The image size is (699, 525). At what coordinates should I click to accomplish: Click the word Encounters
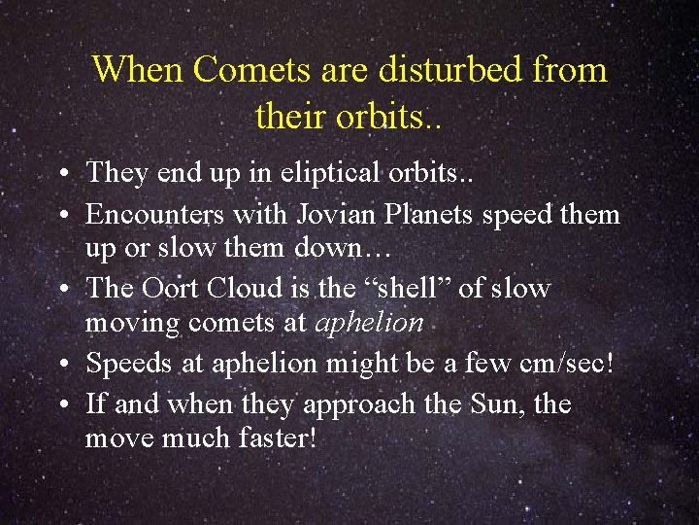(150, 214)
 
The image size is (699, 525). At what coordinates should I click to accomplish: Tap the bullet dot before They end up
(62, 175)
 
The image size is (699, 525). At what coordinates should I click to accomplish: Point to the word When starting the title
(138, 71)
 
